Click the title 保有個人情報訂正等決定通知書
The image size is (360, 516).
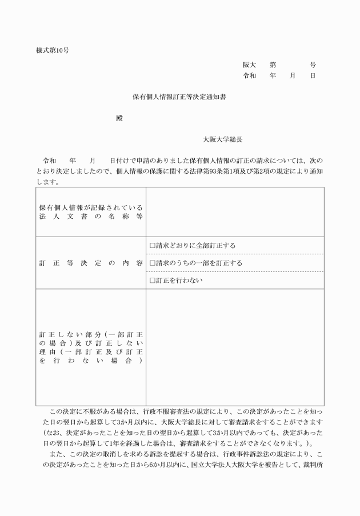[x=179, y=98]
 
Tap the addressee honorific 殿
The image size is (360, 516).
[x=119, y=118]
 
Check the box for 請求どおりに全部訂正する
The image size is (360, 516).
[x=152, y=246]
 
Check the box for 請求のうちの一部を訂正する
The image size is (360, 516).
[x=152, y=263]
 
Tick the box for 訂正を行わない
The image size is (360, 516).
[x=152, y=281]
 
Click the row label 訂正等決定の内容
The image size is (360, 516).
[x=91, y=263]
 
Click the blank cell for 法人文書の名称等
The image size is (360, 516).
[x=234, y=211]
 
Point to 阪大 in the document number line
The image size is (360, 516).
[x=249, y=65]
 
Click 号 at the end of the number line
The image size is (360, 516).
[x=313, y=65]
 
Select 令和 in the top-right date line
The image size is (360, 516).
[x=249, y=75]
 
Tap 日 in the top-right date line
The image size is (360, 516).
[x=313, y=75]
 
